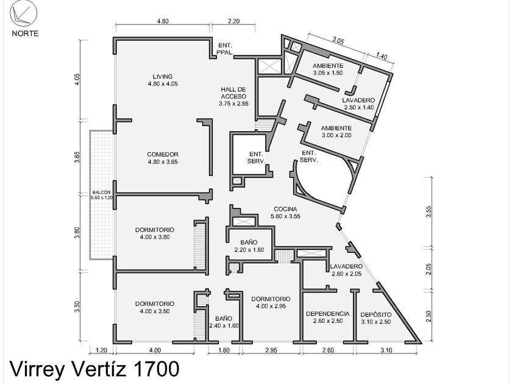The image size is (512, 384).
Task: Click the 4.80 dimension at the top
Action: tap(163, 21)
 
